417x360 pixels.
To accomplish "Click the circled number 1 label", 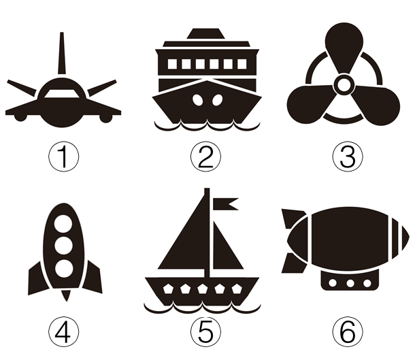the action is point(63,157).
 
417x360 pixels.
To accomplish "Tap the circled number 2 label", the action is point(205,157).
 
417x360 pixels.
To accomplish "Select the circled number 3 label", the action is point(348,157).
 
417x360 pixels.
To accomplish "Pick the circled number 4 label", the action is point(63,331).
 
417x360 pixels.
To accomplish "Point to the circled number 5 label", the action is point(205,331).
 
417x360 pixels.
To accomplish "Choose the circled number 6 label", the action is point(348,331).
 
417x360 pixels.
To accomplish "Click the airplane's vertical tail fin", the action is point(62,53).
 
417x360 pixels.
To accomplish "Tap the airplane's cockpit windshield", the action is point(62,94).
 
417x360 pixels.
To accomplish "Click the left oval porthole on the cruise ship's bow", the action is point(197,100).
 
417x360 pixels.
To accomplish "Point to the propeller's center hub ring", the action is point(344,84).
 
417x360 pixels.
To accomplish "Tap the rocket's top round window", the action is point(63,224).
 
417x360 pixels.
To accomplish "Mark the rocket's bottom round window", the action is point(64,268).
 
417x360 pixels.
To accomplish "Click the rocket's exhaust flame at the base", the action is point(66,295).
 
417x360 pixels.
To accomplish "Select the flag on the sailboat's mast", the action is point(225,204).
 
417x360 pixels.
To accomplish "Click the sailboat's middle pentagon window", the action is point(203,289).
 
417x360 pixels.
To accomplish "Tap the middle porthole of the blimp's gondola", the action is point(350,283).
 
